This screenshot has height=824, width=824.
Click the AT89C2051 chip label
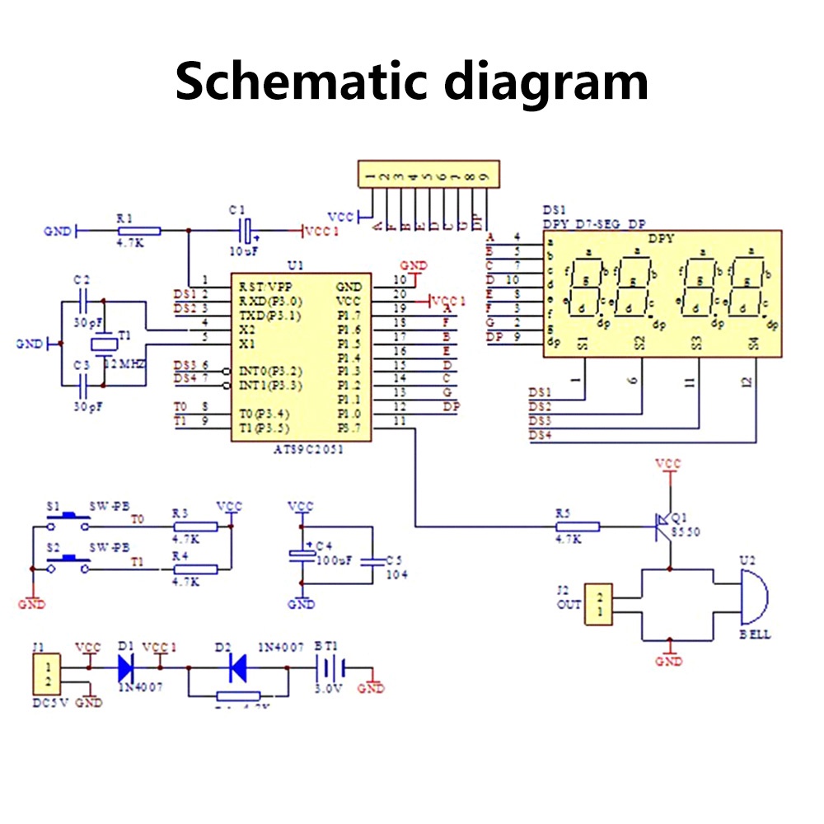pos(308,450)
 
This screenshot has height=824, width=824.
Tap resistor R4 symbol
pos(195,569)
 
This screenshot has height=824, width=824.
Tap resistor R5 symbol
pos(578,524)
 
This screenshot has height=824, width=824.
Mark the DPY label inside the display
pos(661,240)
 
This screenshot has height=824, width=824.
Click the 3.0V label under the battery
pos(328,690)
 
